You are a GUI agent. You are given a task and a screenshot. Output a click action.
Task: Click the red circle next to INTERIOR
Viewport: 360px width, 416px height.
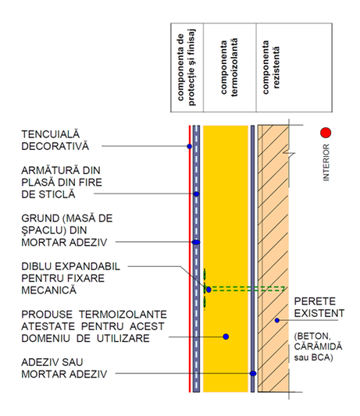coord(326,133)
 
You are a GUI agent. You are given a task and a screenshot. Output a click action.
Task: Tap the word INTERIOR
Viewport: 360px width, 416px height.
coord(326,162)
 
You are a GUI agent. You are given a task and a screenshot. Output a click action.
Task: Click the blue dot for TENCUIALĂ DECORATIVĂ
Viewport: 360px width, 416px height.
coord(189,146)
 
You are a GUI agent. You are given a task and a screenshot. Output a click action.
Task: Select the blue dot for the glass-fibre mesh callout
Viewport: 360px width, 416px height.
coord(197,194)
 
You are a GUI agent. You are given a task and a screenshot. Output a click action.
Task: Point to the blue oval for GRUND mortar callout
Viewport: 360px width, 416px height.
coord(196,242)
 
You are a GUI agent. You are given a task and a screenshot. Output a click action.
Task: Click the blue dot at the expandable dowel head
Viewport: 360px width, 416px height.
coord(209,290)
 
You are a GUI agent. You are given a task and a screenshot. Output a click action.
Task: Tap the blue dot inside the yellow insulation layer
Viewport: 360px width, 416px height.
coord(226,336)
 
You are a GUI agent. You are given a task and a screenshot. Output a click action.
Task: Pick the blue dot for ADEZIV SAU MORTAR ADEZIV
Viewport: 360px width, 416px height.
coord(253,374)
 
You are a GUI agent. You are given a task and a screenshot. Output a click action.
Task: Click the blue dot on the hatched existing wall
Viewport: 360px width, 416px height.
coord(277,321)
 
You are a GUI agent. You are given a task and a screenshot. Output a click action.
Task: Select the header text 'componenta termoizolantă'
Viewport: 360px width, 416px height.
coord(230,67)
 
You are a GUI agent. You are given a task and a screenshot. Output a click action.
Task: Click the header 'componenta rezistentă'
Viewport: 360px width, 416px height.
coord(271,67)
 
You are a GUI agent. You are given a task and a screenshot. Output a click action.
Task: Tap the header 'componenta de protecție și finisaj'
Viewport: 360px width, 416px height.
coord(186,67)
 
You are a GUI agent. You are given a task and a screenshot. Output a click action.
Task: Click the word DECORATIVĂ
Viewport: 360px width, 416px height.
coord(55,146)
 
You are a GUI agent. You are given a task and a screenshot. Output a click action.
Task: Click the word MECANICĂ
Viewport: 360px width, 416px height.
coord(49,290)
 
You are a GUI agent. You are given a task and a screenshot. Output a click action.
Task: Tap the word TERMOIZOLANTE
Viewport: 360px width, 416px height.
coord(123,315)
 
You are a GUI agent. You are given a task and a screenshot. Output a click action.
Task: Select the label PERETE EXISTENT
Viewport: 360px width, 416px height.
coord(319,308)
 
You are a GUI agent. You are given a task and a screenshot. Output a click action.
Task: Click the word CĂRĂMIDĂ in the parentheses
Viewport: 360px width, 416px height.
coord(318,347)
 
